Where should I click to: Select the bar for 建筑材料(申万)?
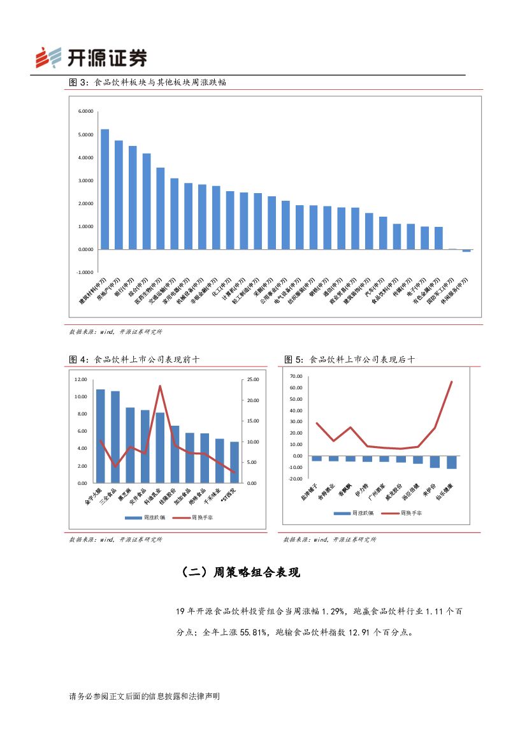(x=105, y=189)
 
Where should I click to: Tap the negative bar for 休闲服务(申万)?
(x=466, y=250)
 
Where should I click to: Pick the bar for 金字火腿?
(x=100, y=436)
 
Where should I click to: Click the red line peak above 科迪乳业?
(x=160, y=386)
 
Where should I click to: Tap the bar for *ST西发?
(x=234, y=462)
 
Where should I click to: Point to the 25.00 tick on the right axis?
(x=252, y=380)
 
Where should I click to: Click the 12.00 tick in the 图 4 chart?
(x=80, y=380)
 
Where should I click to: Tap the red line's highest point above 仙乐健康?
(x=452, y=382)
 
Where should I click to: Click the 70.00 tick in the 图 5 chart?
(x=295, y=376)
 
